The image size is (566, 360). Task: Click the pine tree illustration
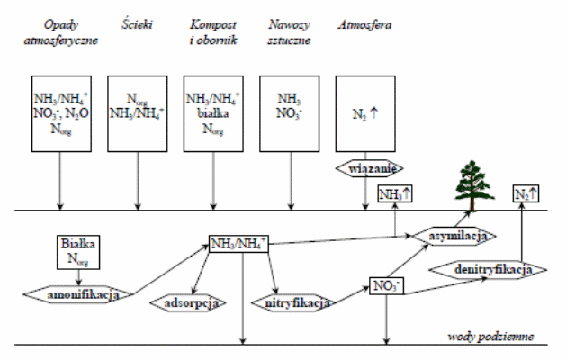click(x=474, y=185)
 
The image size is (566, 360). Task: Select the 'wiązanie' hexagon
click(x=369, y=168)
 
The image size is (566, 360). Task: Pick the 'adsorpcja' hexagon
click(x=188, y=302)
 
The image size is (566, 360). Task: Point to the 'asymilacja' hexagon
click(x=454, y=236)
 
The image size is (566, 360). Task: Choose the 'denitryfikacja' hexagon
click(x=488, y=269)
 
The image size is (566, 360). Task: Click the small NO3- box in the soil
click(x=386, y=285)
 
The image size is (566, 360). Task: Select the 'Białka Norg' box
click(x=78, y=252)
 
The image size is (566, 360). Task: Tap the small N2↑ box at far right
click(x=526, y=193)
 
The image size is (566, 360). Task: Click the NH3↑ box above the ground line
click(x=395, y=193)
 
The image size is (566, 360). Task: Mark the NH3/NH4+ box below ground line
click(x=238, y=244)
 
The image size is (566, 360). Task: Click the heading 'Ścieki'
click(x=137, y=24)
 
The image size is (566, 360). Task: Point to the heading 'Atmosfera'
click(x=365, y=24)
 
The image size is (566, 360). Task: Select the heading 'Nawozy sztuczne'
click(x=289, y=32)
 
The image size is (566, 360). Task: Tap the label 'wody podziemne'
click(x=490, y=337)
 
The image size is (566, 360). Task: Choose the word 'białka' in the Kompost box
click(x=213, y=113)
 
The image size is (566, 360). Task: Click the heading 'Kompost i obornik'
click(x=213, y=32)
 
